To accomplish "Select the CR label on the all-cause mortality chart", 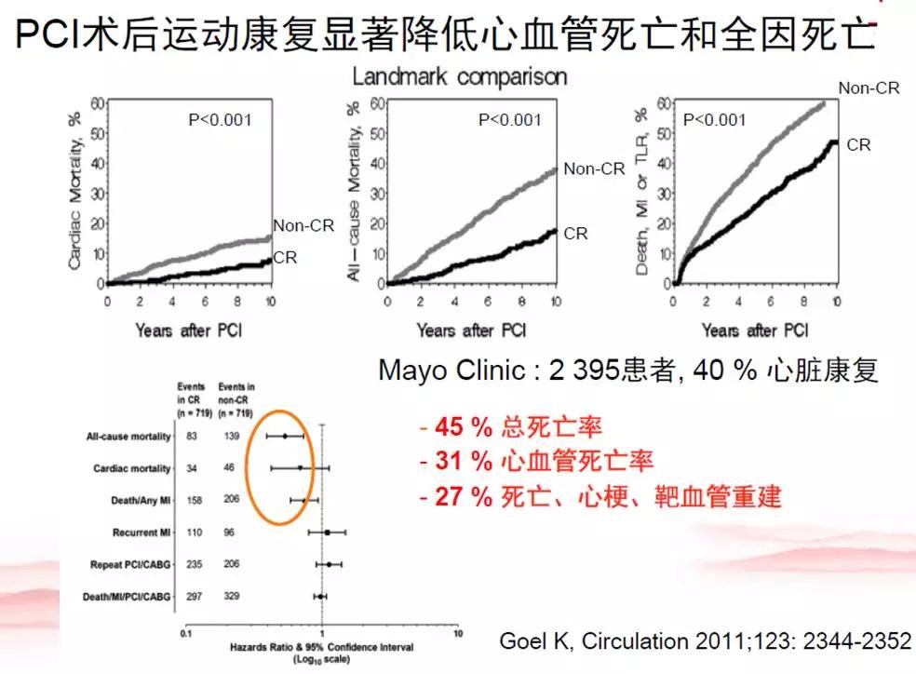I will coord(576,234).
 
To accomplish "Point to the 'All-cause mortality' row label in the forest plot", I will coord(128,436).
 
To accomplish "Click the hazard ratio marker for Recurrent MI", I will coord(327,532).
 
